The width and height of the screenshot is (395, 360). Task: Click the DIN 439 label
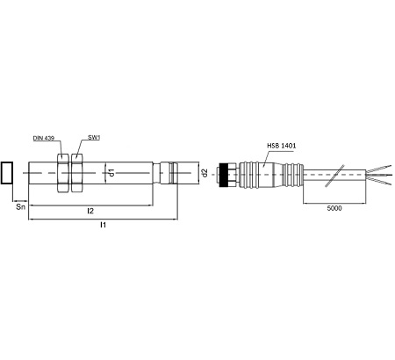coord(44,138)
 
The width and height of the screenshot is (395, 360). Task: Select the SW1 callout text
coord(94,137)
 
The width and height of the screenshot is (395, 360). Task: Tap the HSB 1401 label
coord(282,146)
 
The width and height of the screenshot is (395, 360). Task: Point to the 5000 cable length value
coord(334,208)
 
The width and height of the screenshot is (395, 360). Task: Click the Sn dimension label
coord(21,207)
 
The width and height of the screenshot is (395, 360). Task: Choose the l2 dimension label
coord(90,211)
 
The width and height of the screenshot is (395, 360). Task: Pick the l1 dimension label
coord(103,225)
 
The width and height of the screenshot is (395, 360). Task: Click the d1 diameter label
coord(111,173)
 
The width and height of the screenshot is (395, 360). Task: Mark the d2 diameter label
coord(205,173)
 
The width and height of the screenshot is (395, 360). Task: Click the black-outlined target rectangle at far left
coord(7,173)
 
